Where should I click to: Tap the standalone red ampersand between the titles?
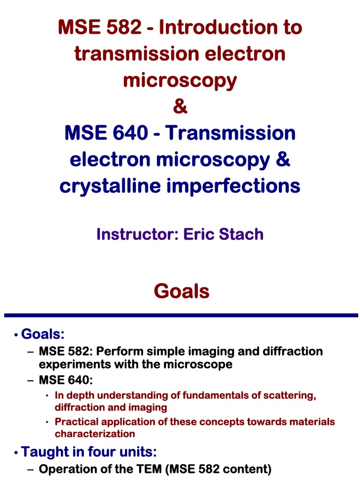tap(180, 107)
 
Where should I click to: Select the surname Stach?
tap(240, 234)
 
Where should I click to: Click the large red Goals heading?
tap(181, 291)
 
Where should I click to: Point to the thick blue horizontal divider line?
tap(180, 315)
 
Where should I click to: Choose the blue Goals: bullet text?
tap(43, 334)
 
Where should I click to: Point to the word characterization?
tap(95, 434)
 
